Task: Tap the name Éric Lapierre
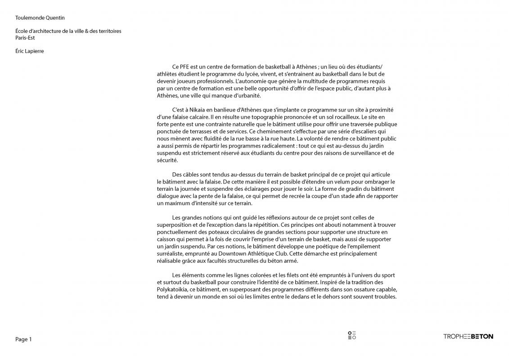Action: pos(29,51)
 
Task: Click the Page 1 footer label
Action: pos(23,339)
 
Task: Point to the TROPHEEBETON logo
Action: pos(468,336)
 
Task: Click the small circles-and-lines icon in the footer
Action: pos(352,335)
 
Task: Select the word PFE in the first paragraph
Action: pos(185,67)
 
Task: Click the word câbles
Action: pos(191,175)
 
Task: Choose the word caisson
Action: pos(167,239)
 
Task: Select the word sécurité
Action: pos(167,160)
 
